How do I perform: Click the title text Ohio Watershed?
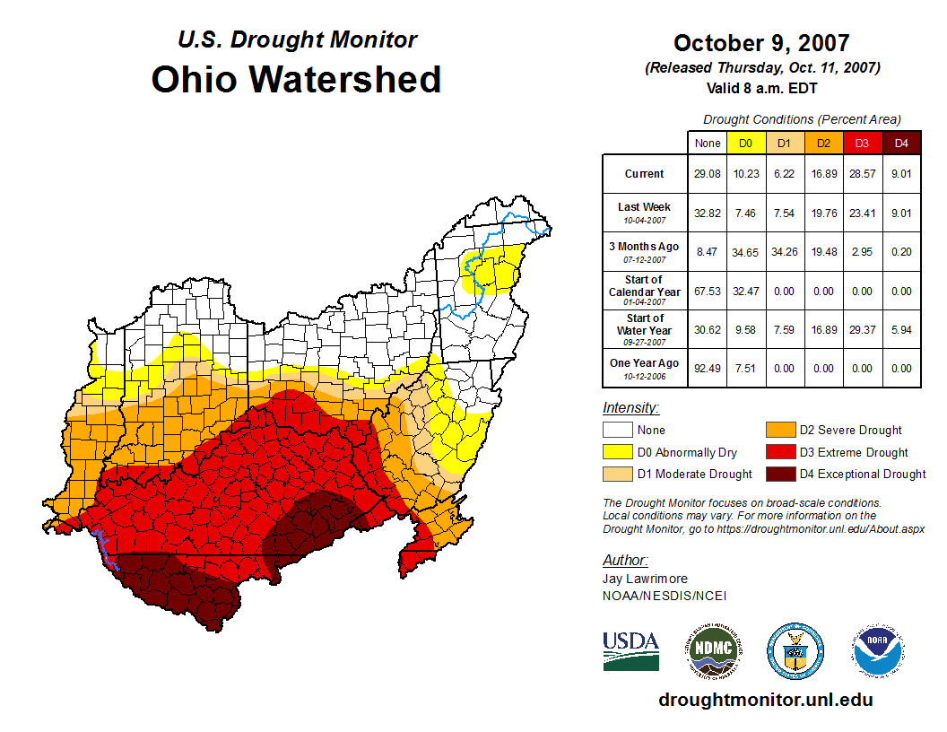[296, 79]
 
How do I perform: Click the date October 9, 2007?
[761, 43]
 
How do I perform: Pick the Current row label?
[645, 174]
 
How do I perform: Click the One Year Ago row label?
[645, 363]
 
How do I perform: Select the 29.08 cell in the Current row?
[707, 174]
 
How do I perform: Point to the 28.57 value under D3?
[862, 174]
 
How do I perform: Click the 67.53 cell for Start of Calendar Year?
[707, 292]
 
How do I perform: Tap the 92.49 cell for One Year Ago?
[707, 368]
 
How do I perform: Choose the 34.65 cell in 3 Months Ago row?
[746, 253]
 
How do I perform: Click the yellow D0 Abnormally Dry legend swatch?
[617, 452]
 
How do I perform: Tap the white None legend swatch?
[617, 431]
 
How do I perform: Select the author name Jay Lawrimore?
[645, 579]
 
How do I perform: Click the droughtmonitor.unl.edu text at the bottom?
[765, 700]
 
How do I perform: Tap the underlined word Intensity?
[630, 407]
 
